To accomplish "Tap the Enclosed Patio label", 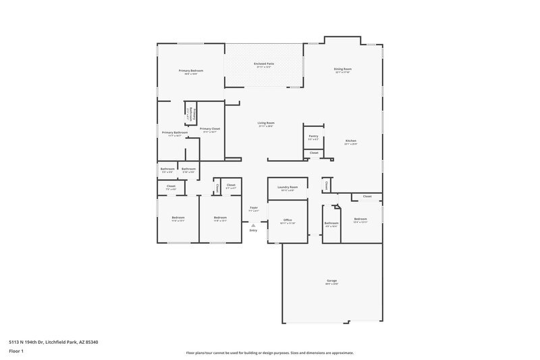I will point(264,65).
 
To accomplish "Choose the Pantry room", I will point(313,137).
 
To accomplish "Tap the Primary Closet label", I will point(210,130).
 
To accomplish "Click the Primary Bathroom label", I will point(174,134).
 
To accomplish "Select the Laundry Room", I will point(288,189).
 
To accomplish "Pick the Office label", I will point(288,221).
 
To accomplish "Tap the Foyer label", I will point(254,209).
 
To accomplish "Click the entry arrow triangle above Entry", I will point(253,225).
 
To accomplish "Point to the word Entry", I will point(253,231).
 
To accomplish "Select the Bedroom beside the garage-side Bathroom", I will point(360,220).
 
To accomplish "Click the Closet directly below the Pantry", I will point(314,153).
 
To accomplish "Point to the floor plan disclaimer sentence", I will point(269,353).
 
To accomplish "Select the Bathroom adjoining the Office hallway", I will point(331,224).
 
